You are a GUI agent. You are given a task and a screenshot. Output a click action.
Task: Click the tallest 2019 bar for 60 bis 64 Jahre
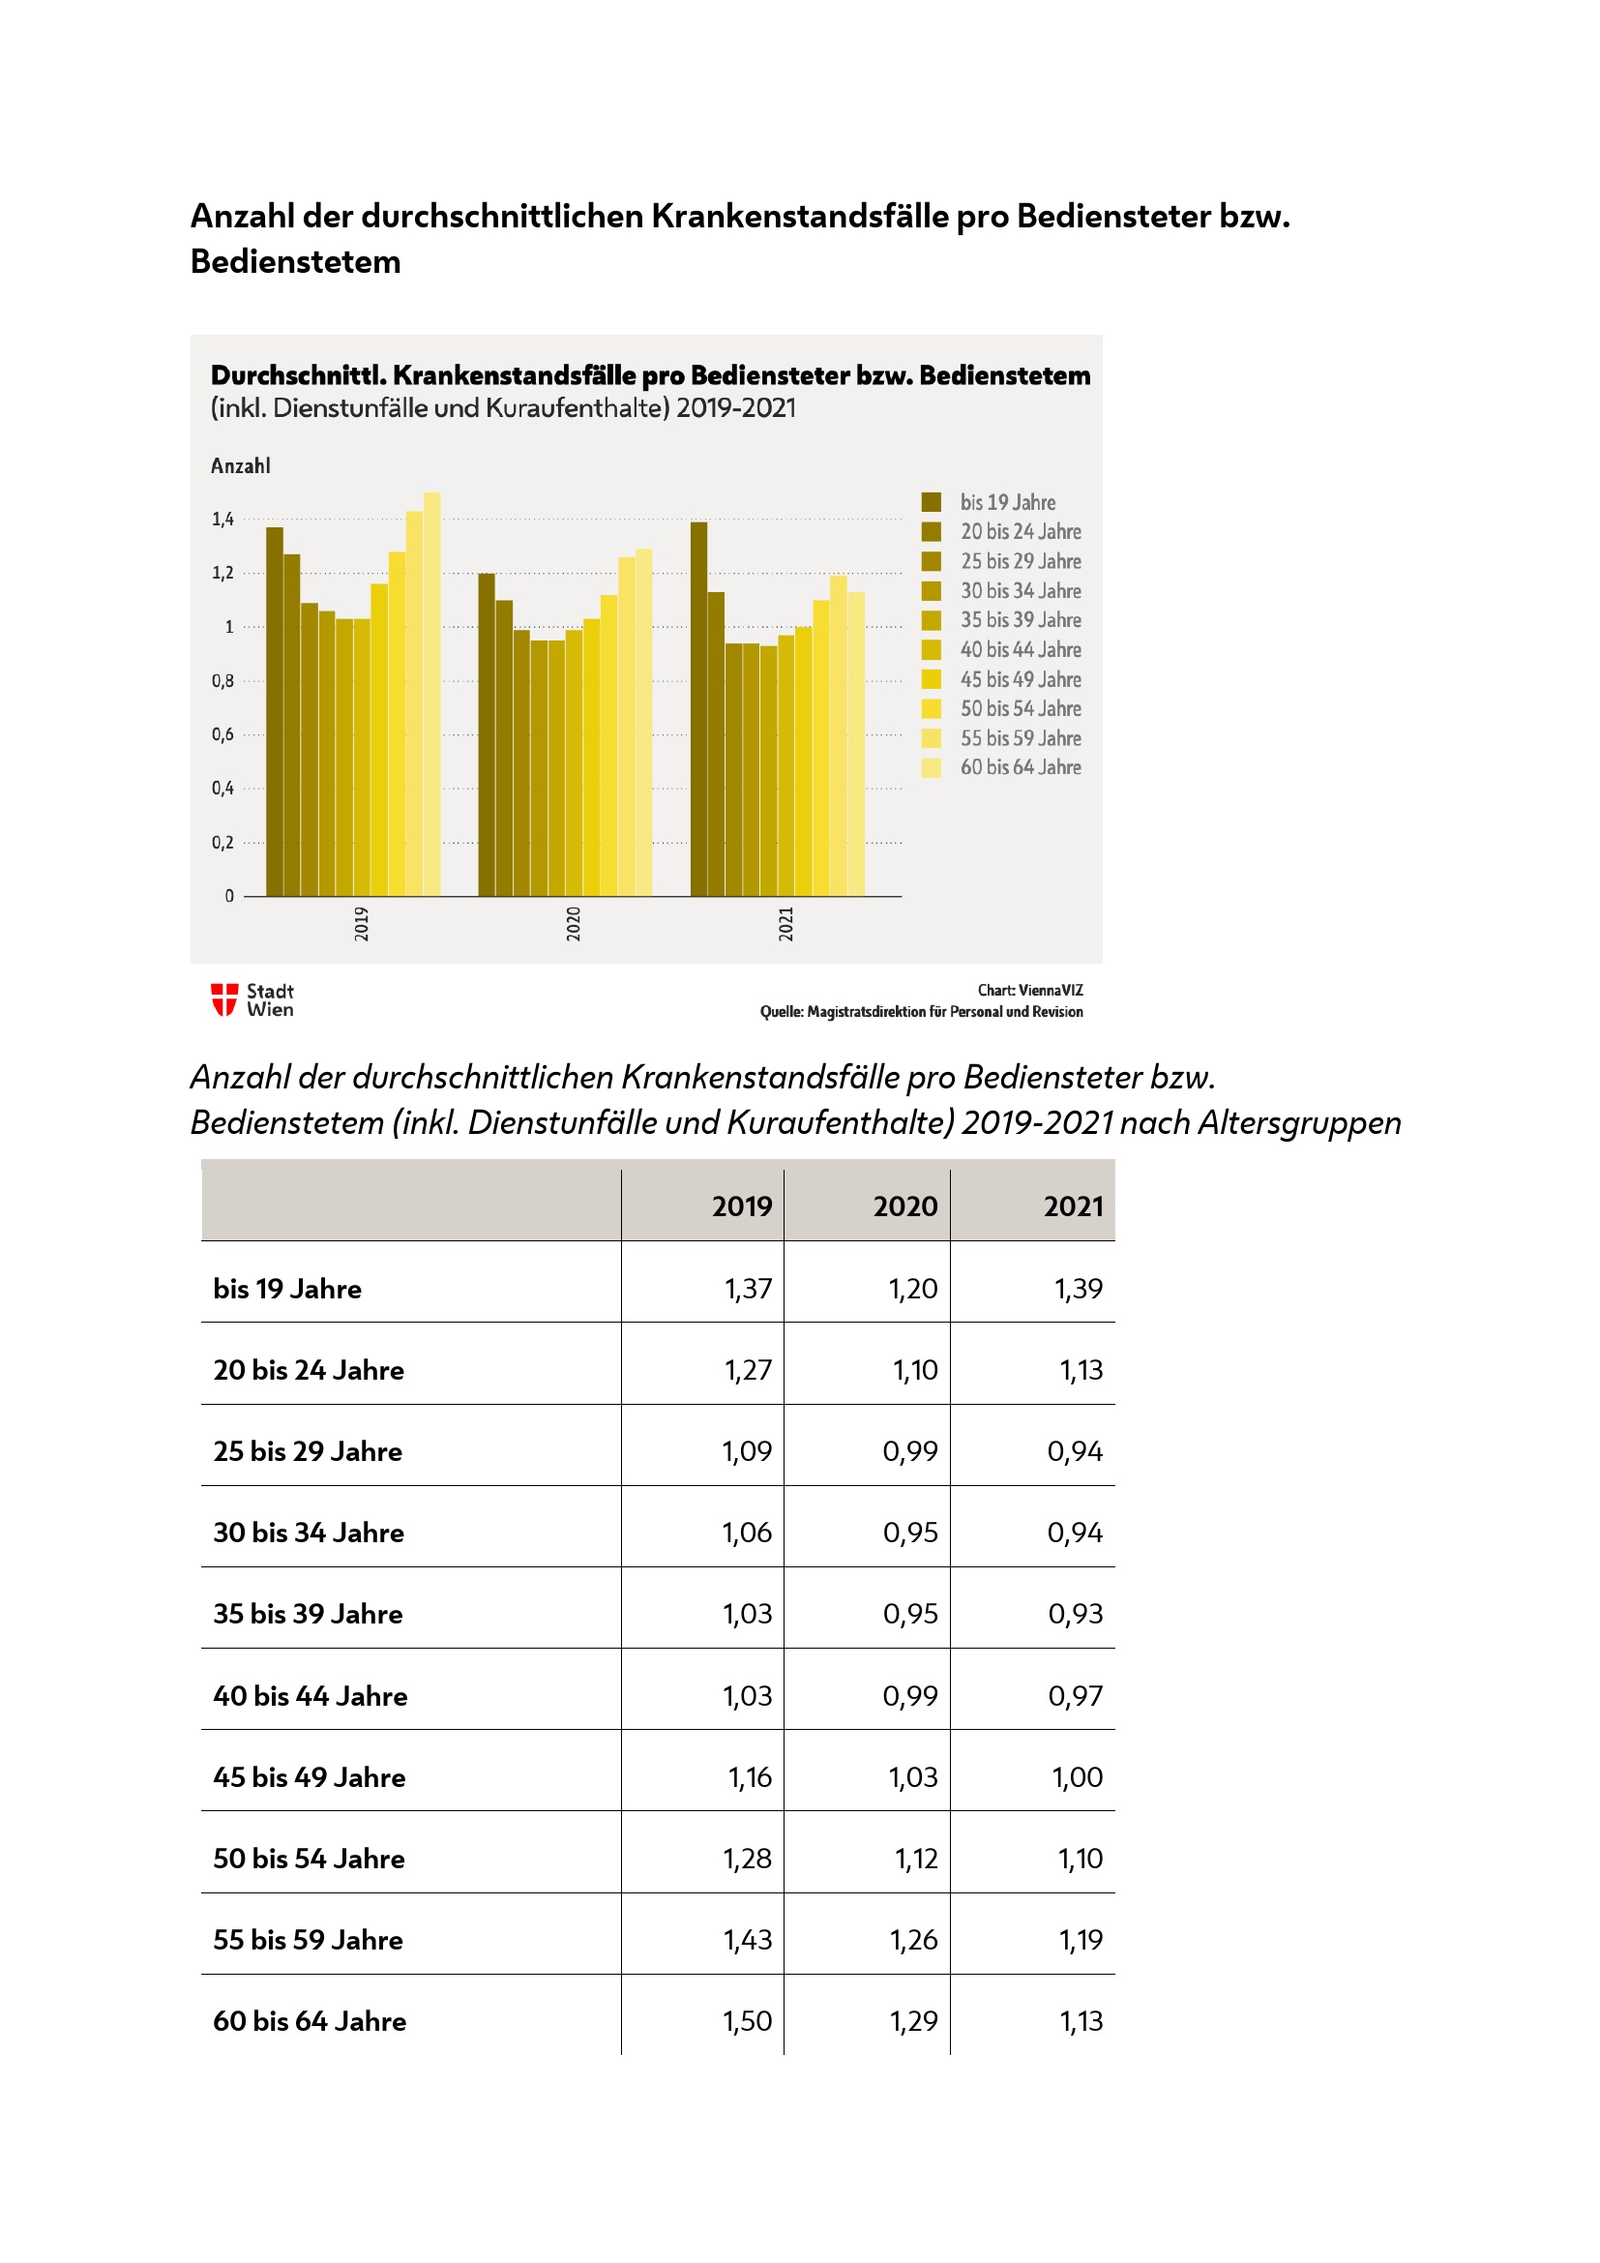[x=431, y=694]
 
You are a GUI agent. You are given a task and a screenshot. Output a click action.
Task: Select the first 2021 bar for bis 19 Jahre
[x=698, y=708]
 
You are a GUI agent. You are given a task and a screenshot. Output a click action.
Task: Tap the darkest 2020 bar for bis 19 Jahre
[x=487, y=734]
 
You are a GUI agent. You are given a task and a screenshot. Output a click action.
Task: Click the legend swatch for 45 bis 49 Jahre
[x=931, y=679]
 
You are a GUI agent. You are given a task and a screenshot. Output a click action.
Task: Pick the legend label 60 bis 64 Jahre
[x=1021, y=767]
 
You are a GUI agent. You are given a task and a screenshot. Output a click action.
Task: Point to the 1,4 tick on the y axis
[x=222, y=520]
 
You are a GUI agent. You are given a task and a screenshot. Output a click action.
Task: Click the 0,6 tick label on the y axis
[x=222, y=734]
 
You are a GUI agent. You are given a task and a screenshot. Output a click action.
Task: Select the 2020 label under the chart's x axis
[x=574, y=924]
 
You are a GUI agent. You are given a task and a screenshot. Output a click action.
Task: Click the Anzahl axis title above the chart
[x=241, y=466]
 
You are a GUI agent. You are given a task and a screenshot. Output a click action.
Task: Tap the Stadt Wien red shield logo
[x=224, y=999]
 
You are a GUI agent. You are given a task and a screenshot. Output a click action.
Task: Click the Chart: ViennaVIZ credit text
[x=1029, y=990]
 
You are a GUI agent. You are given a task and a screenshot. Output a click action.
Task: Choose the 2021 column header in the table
[x=1073, y=1206]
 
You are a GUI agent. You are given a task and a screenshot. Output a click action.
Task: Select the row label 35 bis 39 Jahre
[x=308, y=1614]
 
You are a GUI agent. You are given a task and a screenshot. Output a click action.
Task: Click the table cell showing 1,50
[x=747, y=2021]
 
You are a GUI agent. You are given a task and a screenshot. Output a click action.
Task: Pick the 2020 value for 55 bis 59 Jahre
[x=913, y=1940]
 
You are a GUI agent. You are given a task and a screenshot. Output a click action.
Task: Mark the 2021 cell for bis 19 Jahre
[x=1078, y=1288]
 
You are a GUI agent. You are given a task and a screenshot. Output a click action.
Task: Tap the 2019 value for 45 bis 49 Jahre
[x=750, y=1777]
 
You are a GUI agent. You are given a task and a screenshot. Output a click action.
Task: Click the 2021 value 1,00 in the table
[x=1077, y=1777]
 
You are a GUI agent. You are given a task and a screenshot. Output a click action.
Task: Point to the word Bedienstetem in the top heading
[x=296, y=262]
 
